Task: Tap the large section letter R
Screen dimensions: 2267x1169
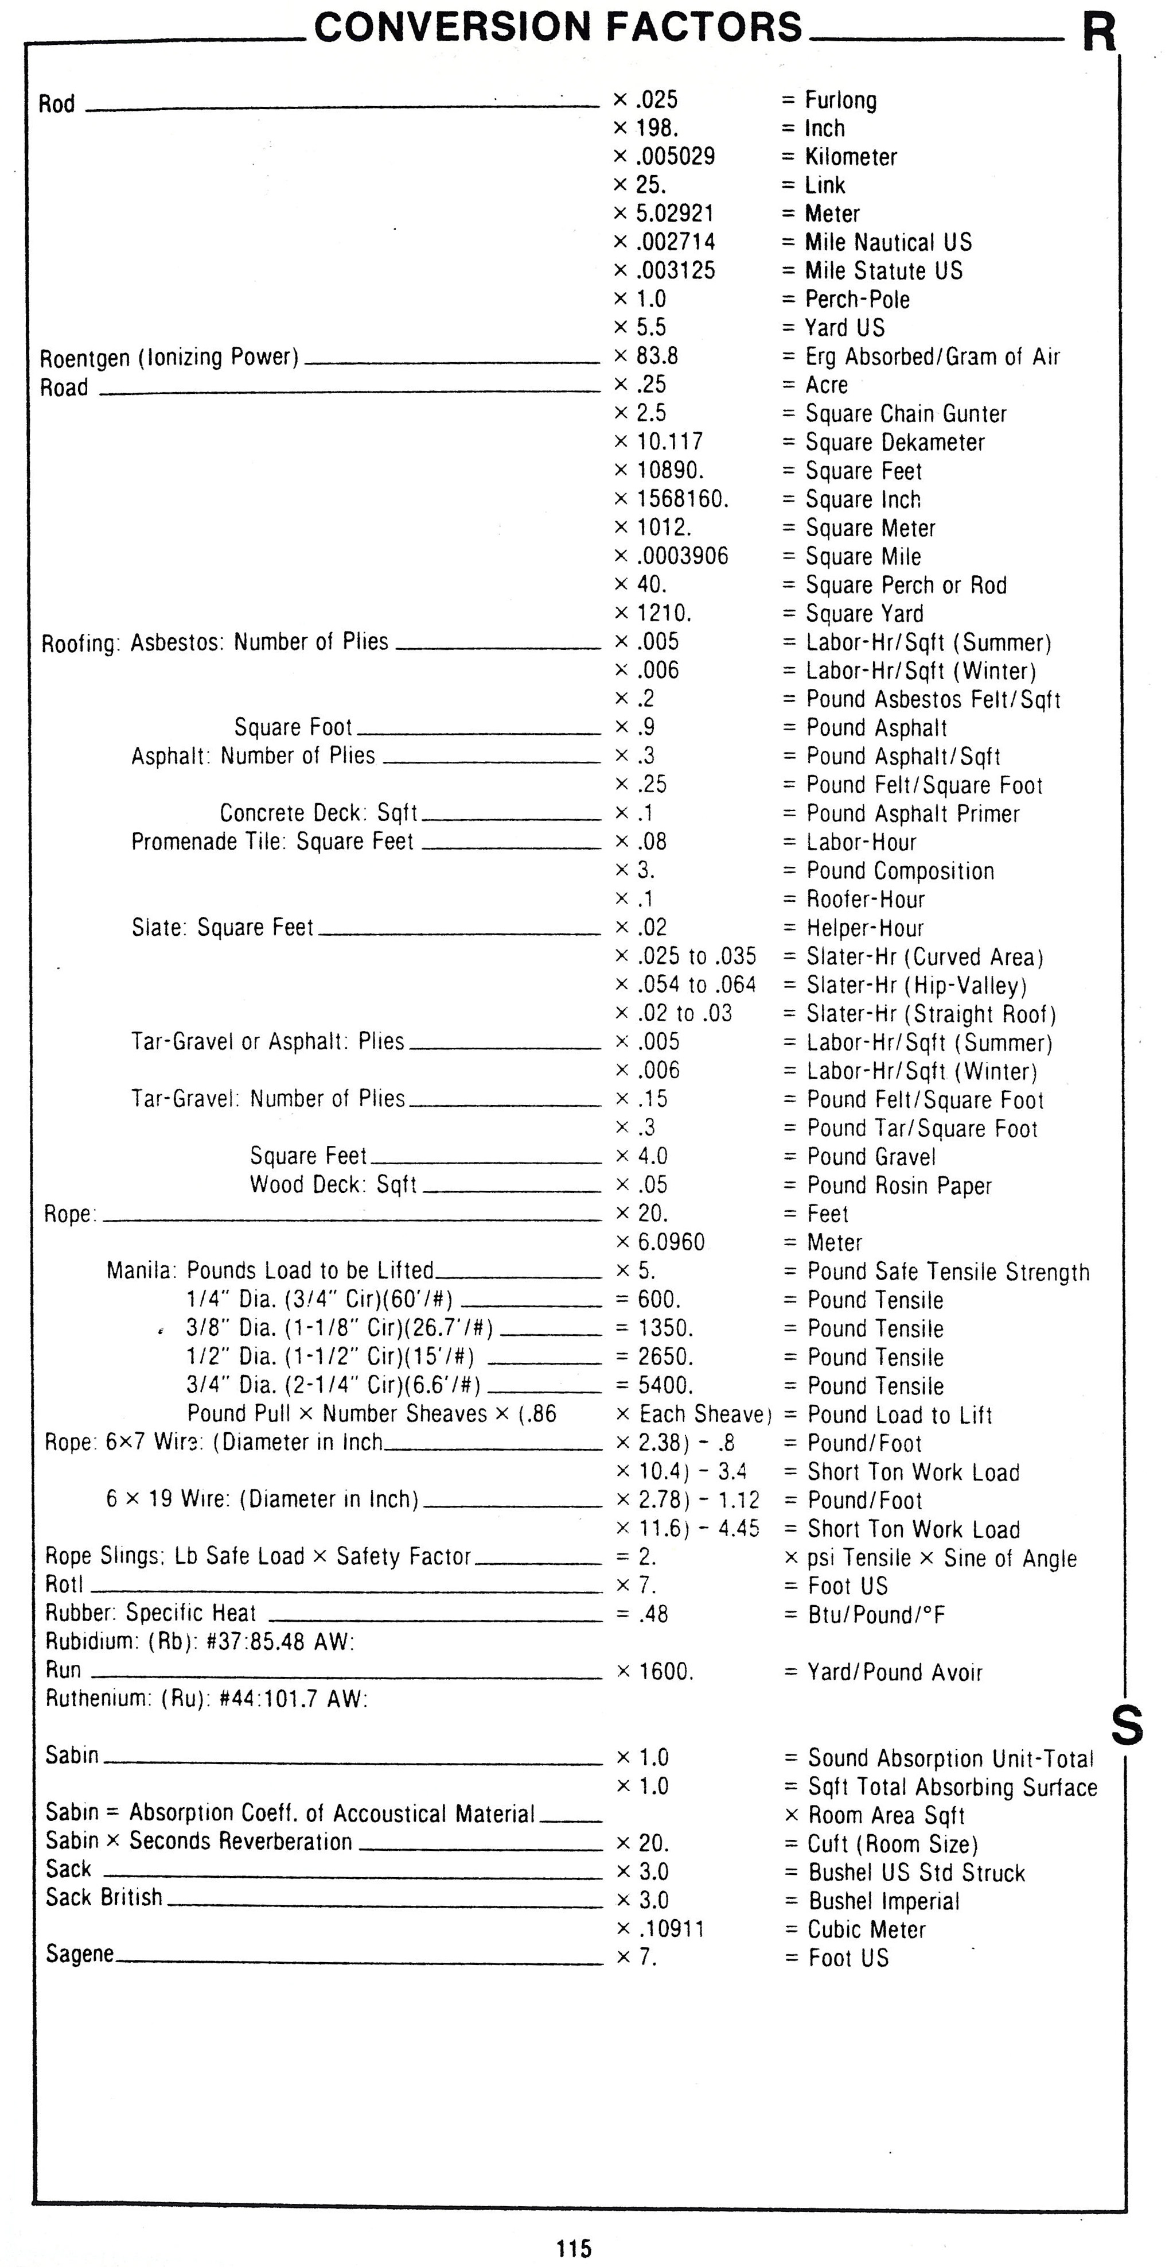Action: [x=1098, y=33]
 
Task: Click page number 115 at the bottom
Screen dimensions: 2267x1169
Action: [x=574, y=2249]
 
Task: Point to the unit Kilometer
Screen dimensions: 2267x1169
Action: [x=851, y=157]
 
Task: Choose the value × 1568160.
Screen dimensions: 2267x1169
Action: [x=672, y=499]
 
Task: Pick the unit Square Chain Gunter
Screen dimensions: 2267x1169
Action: [x=906, y=414]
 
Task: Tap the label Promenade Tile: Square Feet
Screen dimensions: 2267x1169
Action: [x=272, y=842]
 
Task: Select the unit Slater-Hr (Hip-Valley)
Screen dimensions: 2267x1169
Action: [x=917, y=986]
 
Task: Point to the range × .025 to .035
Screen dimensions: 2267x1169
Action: [x=685, y=956]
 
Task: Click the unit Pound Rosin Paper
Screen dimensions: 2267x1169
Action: [x=899, y=1185]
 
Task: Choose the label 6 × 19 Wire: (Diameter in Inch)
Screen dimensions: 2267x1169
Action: [x=262, y=1499]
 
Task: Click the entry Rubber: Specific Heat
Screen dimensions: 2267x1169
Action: [x=150, y=1613]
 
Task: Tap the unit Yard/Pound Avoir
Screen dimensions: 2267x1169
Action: [x=895, y=1672]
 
